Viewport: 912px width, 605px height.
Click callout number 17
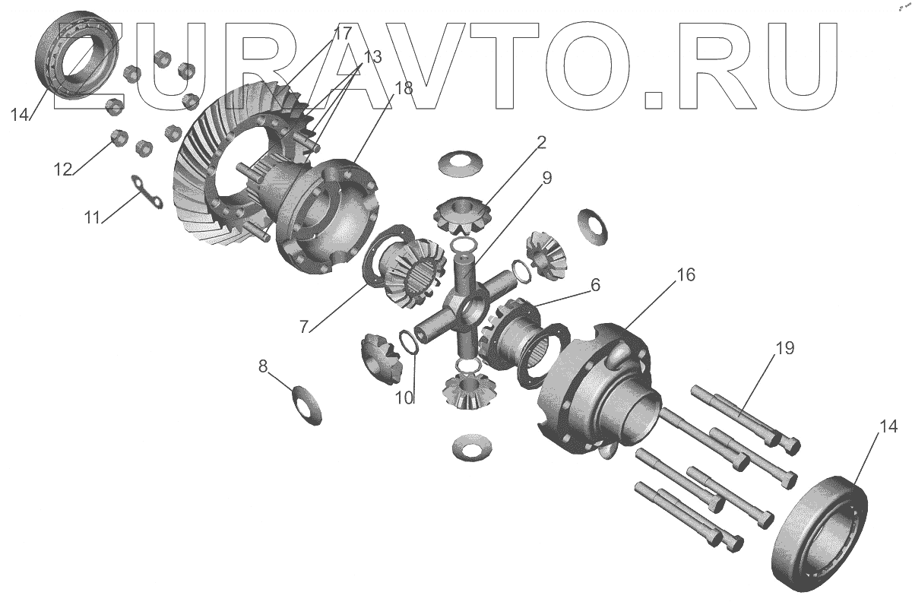click(342, 34)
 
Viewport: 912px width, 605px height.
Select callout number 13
click(372, 58)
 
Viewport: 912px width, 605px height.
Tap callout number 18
click(404, 87)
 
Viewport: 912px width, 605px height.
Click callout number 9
click(547, 178)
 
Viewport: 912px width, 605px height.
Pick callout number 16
click(686, 274)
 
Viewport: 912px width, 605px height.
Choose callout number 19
click(785, 348)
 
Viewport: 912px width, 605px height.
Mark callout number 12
click(62, 169)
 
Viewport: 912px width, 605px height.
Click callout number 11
click(93, 218)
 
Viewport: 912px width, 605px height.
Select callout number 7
click(304, 327)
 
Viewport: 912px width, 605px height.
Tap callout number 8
click(263, 366)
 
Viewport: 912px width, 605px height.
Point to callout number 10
click(404, 397)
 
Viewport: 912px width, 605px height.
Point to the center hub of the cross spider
click(465, 306)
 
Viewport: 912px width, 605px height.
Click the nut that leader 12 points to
click(118, 138)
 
